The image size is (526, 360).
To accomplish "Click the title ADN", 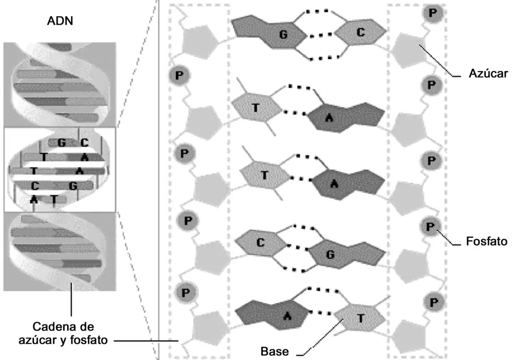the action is [x=60, y=21].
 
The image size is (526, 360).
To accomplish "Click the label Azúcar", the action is [x=488, y=74].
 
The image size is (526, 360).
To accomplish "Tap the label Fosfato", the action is [x=486, y=241].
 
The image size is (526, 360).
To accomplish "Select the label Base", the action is [x=274, y=351].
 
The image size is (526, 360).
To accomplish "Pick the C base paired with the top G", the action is [x=361, y=32].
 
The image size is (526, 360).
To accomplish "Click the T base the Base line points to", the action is [x=360, y=318].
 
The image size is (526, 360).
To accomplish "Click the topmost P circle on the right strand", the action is [x=433, y=13].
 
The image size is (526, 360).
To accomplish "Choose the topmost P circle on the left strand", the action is [x=180, y=76].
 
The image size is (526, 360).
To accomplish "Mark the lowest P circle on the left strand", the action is [x=186, y=293].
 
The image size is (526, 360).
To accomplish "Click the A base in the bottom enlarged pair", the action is [x=272, y=315].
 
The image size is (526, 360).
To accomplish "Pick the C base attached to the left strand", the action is [x=261, y=243].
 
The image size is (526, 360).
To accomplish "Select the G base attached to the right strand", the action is [x=345, y=253].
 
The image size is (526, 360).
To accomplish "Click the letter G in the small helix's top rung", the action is [x=62, y=142].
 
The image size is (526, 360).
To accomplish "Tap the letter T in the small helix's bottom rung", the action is [x=54, y=199].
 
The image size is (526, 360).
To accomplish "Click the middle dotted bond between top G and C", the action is [x=321, y=35].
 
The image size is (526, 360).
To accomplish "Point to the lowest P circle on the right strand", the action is [x=433, y=303].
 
